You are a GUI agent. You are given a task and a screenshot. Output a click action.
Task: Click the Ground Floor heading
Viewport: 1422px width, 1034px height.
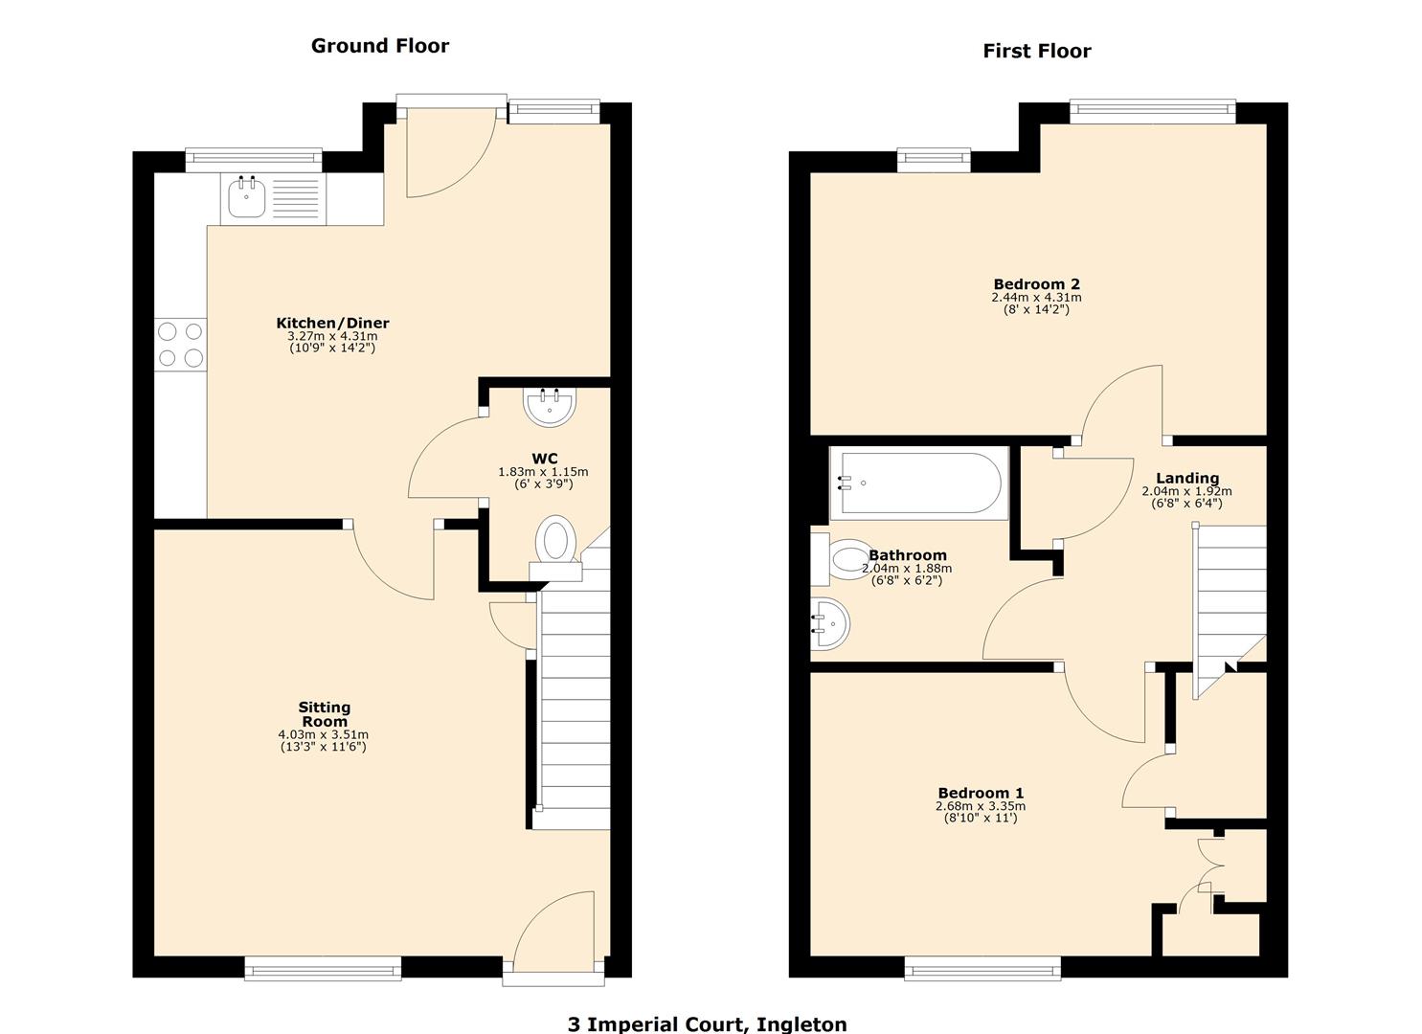click(379, 46)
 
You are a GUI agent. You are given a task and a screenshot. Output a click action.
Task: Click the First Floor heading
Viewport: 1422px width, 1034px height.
click(1036, 52)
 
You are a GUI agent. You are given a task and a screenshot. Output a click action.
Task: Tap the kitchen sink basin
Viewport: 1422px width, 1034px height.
click(247, 199)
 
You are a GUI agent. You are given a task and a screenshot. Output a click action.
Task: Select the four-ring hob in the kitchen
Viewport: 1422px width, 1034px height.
click(181, 345)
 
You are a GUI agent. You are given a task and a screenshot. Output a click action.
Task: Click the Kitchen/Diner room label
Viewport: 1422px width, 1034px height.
click(332, 324)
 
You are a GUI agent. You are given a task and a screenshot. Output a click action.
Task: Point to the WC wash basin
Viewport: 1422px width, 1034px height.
click(550, 407)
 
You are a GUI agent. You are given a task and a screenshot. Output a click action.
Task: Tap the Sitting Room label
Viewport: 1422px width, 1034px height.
click(325, 714)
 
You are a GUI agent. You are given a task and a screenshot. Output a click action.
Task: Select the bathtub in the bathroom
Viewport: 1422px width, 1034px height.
click(919, 483)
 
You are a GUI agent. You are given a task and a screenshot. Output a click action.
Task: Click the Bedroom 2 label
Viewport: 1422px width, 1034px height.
click(1036, 284)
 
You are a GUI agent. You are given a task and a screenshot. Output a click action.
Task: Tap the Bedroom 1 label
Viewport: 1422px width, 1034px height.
click(981, 793)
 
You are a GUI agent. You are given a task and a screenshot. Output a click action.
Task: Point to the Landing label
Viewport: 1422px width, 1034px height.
click(1187, 479)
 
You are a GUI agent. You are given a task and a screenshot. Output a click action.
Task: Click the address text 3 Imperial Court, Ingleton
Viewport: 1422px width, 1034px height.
click(707, 1023)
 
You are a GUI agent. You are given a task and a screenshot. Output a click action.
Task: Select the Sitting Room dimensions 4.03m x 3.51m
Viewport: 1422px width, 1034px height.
click(323, 734)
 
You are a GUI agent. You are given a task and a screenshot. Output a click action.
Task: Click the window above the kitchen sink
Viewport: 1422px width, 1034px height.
click(254, 160)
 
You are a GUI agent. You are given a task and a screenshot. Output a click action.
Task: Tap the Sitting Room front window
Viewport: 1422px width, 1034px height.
click(323, 969)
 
